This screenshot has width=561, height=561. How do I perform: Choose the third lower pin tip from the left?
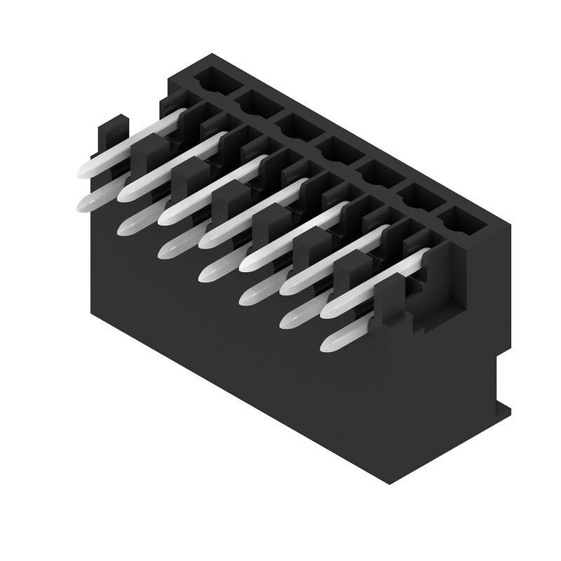(168, 249)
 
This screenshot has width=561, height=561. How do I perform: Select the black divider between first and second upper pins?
(149, 151)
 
